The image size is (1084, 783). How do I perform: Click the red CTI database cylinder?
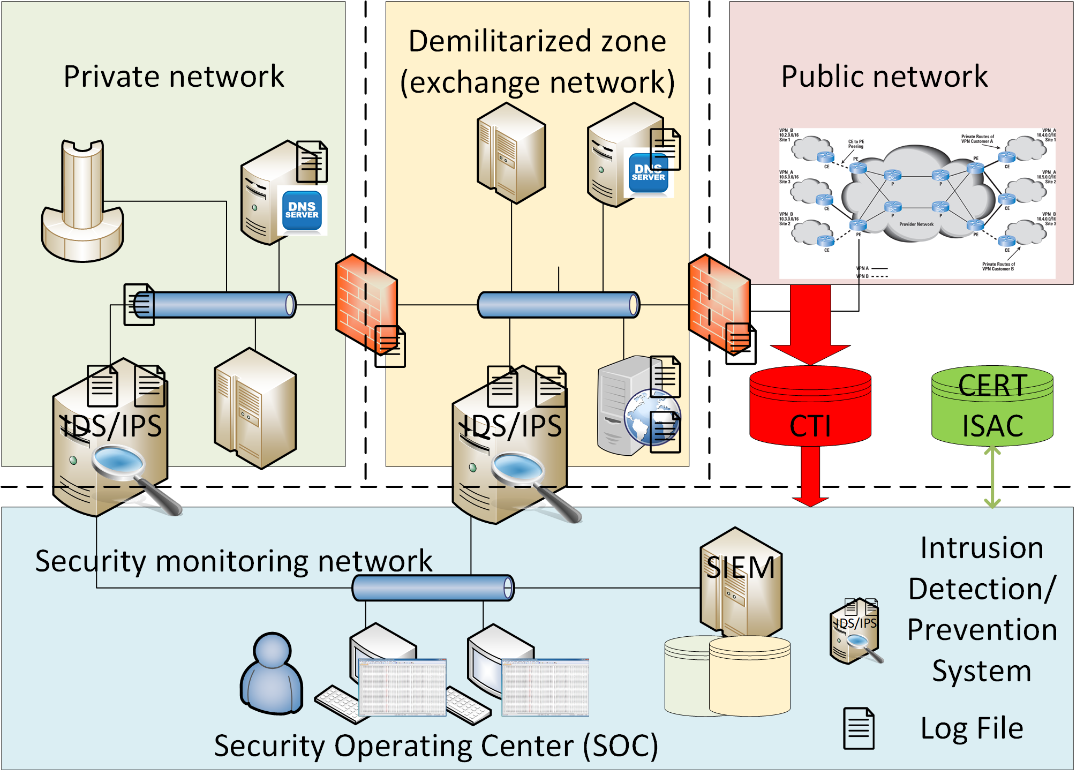point(810,407)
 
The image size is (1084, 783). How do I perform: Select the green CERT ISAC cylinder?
point(992,407)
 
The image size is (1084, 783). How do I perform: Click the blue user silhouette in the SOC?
point(272,675)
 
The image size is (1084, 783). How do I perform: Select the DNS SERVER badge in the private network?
point(302,210)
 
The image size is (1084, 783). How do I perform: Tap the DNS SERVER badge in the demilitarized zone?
point(648,173)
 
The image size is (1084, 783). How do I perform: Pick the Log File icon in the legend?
point(859,728)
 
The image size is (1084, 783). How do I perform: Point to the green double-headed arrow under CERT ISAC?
point(992,477)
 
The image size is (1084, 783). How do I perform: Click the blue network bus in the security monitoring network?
point(433,588)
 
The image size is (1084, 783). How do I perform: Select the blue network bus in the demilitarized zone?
point(558,305)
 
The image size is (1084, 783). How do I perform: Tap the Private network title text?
point(174,76)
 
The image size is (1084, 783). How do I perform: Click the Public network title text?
point(884,76)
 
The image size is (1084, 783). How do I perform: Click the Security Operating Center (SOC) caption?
point(436,746)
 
